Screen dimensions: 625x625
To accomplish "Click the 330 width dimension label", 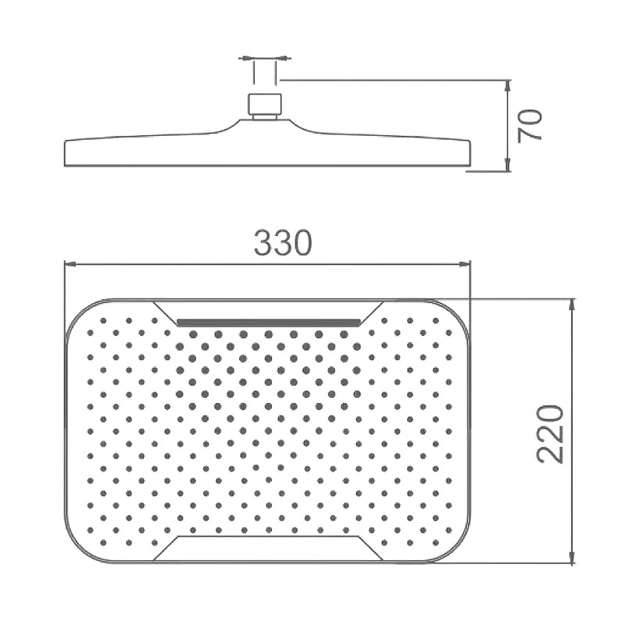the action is [283, 243].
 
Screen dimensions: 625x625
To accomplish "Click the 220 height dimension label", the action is [551, 434].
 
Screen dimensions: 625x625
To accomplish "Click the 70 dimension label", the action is [530, 126].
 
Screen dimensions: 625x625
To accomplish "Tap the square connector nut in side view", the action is [265, 103].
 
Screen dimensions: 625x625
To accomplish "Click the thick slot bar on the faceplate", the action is [269, 322].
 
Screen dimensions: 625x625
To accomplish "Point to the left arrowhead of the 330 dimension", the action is [70, 264].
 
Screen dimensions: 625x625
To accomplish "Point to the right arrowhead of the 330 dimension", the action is [465, 264].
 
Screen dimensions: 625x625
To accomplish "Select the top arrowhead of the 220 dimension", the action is [573, 305].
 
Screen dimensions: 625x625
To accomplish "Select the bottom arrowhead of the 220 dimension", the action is [573, 557].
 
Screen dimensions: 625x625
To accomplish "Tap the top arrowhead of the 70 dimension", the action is [507, 86].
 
